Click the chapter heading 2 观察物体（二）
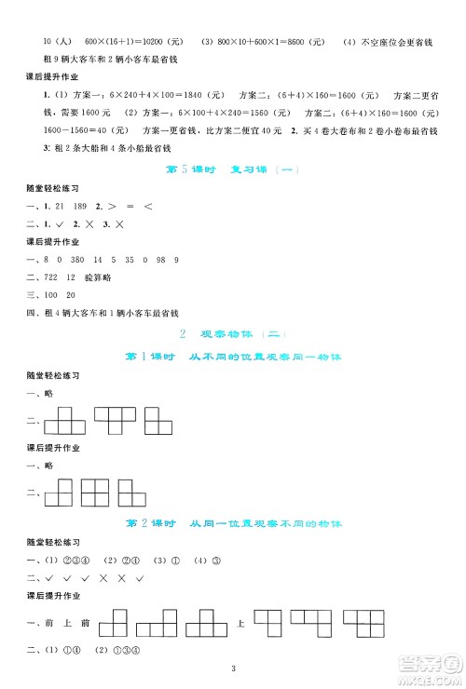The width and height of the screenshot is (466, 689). point(234,334)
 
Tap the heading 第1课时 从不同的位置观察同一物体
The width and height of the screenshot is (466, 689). point(234,357)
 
